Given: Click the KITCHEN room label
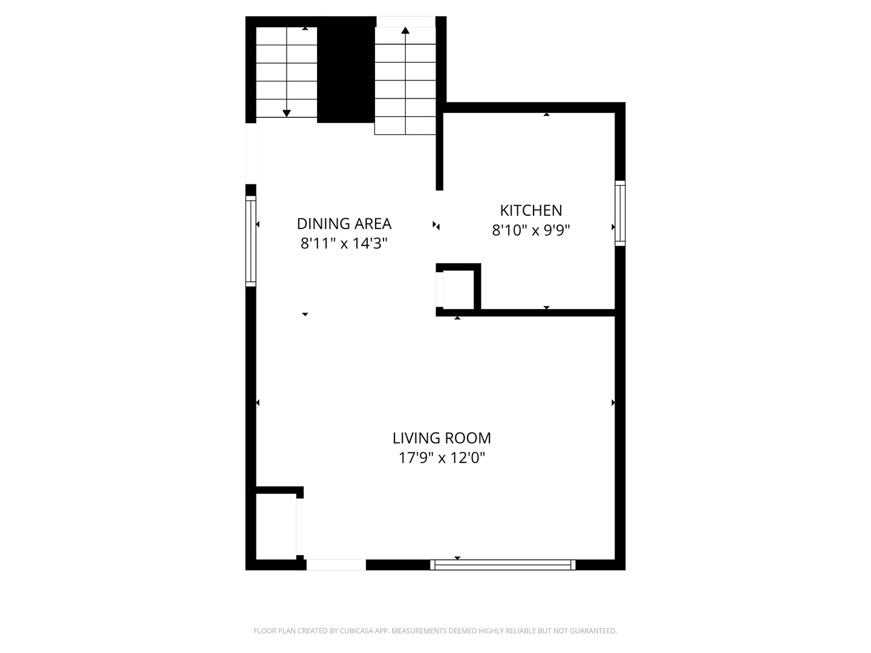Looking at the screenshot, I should [x=530, y=210].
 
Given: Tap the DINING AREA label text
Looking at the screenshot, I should [x=344, y=224].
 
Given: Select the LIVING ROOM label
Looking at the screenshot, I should [x=442, y=438].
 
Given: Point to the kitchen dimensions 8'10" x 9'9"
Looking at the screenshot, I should [x=530, y=230].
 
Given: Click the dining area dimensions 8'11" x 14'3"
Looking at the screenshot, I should [x=344, y=244].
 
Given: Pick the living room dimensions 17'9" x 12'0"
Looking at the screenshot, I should [x=442, y=458].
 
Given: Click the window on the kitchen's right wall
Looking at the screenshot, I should [x=620, y=213].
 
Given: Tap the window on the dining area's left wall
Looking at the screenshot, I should [x=250, y=241].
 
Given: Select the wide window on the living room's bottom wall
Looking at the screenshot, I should [x=502, y=565].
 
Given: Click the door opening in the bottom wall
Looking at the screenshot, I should [x=336, y=565].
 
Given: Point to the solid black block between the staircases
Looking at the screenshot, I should [x=346, y=70].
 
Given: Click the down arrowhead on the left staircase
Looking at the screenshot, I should [x=287, y=113].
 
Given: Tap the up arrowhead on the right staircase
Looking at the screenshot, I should [x=405, y=30].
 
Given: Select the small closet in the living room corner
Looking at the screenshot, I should [x=276, y=527].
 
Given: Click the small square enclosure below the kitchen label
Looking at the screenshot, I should [x=458, y=290].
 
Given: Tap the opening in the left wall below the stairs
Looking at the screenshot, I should [x=250, y=154].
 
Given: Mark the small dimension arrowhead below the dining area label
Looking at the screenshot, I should [x=305, y=314].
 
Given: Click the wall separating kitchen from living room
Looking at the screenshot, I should [x=547, y=313].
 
